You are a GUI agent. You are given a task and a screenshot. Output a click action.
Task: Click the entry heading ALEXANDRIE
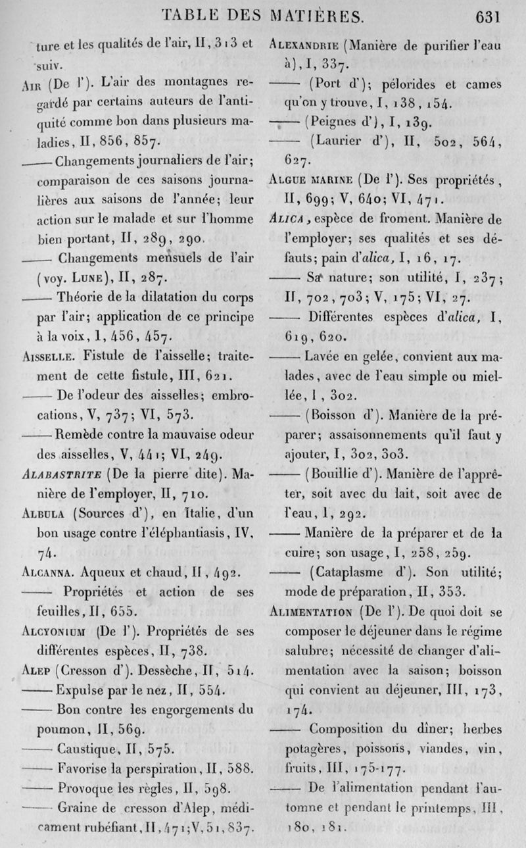pyautogui.click(x=306, y=47)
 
